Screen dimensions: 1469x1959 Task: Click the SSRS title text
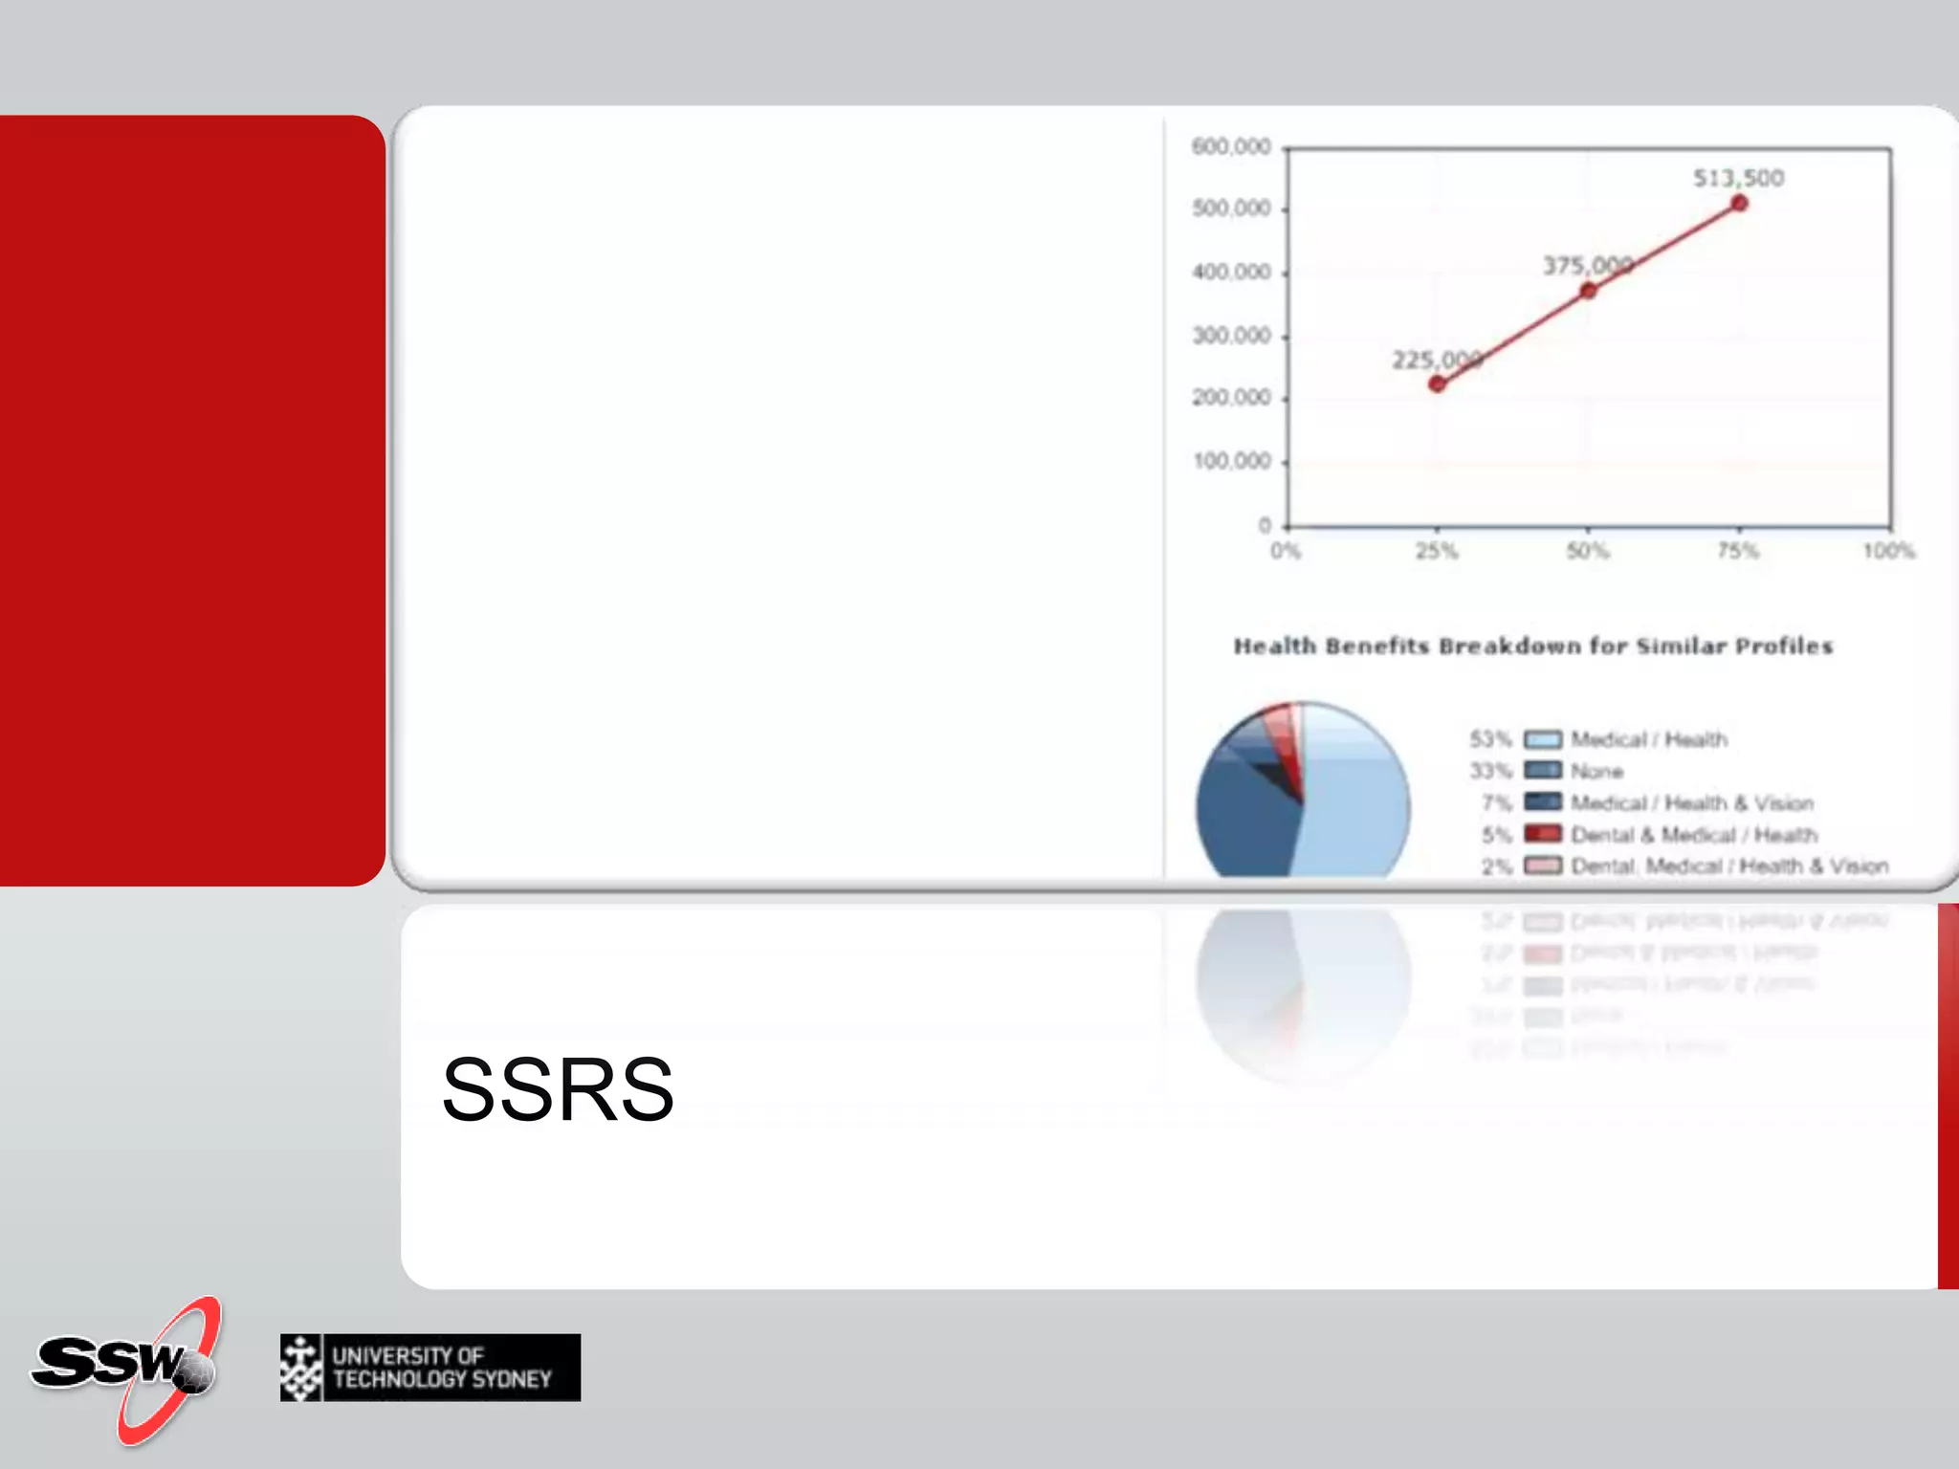(558, 1089)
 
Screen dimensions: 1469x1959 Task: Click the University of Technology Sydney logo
(429, 1368)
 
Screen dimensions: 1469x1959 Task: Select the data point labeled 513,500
(1739, 203)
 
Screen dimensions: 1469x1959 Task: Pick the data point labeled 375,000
(1588, 290)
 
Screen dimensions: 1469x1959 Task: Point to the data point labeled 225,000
(1437, 384)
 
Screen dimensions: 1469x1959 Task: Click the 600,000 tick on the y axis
(1231, 146)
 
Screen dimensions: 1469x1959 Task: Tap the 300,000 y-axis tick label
(1231, 336)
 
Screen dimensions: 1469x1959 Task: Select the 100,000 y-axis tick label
(1231, 461)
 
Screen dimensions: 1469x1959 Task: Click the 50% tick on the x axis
(1588, 551)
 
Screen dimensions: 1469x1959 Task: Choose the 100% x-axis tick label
(1888, 551)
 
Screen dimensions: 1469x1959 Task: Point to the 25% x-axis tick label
(1437, 551)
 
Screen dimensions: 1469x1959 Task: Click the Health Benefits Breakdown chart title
(1532, 647)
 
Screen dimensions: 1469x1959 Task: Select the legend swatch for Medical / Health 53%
(1542, 739)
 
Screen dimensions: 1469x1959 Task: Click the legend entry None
(1596, 771)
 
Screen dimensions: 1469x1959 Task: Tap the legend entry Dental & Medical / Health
(1693, 835)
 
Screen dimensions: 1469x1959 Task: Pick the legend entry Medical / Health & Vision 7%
(1691, 803)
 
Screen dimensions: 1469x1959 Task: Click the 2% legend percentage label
(1496, 866)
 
